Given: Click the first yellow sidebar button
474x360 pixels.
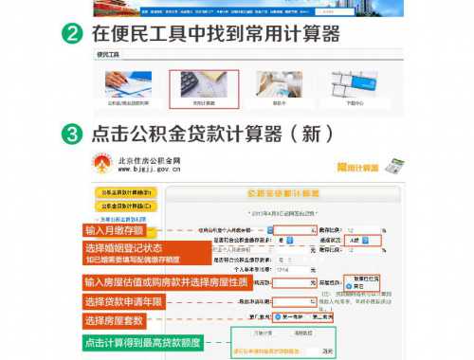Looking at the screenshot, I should coord(124,192).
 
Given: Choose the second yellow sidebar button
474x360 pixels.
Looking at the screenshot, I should coord(124,205).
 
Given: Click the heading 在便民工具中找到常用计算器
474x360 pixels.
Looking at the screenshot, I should coord(215,34).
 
